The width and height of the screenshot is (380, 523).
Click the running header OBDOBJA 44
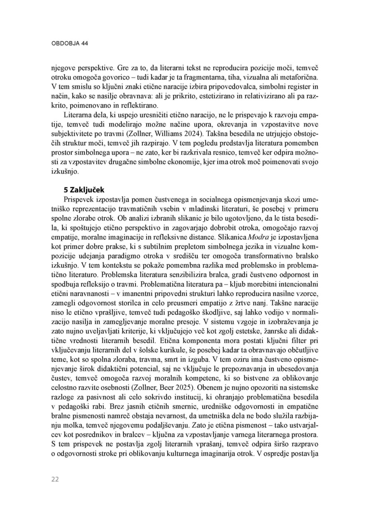(x=69, y=43)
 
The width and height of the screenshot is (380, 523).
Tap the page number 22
(x=55, y=479)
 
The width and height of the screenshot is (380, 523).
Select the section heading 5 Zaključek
(x=84, y=190)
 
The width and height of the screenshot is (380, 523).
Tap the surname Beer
(x=169, y=387)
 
